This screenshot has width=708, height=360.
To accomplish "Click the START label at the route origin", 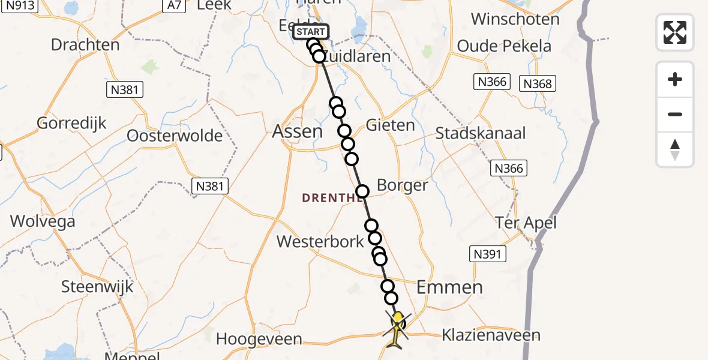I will click(x=311, y=32).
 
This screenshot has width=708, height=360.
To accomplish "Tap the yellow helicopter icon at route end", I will click(x=397, y=329).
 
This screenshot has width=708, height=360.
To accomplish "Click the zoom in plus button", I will click(x=675, y=79).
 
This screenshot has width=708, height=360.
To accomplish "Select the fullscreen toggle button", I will click(x=675, y=32).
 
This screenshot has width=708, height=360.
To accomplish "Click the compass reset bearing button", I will click(x=675, y=149).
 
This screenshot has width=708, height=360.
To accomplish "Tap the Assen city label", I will click(x=298, y=131).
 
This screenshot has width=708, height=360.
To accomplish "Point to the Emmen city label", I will click(x=449, y=287).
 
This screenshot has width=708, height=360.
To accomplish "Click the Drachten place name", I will click(x=85, y=45).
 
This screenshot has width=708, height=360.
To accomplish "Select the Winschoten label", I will click(x=515, y=19).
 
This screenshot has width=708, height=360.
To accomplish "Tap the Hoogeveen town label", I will click(x=259, y=339).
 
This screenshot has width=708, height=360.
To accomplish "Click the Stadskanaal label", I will click(x=481, y=133).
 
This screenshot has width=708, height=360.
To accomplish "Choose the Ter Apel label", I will click(x=526, y=223).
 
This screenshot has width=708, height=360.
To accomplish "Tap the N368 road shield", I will click(x=537, y=83).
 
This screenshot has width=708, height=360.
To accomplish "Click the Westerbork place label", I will click(x=320, y=242).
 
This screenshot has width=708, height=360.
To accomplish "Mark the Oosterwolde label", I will click(x=175, y=136).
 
